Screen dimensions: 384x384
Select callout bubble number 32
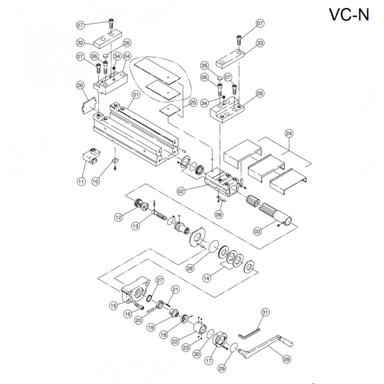[81, 42]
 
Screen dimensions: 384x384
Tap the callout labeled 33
[260, 44]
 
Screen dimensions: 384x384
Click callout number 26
[80, 85]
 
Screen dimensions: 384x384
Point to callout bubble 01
[136, 95]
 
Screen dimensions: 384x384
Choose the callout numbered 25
[193, 102]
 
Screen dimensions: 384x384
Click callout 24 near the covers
[289, 134]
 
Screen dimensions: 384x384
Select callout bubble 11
[81, 181]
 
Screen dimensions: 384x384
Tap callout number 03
[257, 231]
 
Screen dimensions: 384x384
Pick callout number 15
[114, 305]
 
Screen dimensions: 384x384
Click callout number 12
[119, 217]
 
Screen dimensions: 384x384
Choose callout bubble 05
[260, 94]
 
